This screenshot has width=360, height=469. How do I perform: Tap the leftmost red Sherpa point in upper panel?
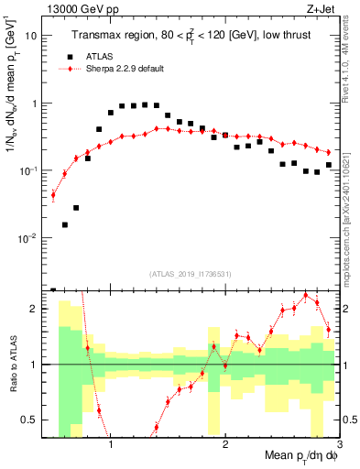53,194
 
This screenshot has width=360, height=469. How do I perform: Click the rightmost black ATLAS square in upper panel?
328,165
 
